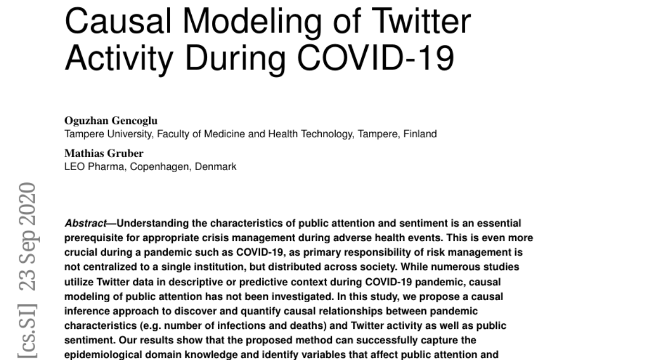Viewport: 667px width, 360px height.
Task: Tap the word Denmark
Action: pyautogui.click(x=217, y=166)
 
